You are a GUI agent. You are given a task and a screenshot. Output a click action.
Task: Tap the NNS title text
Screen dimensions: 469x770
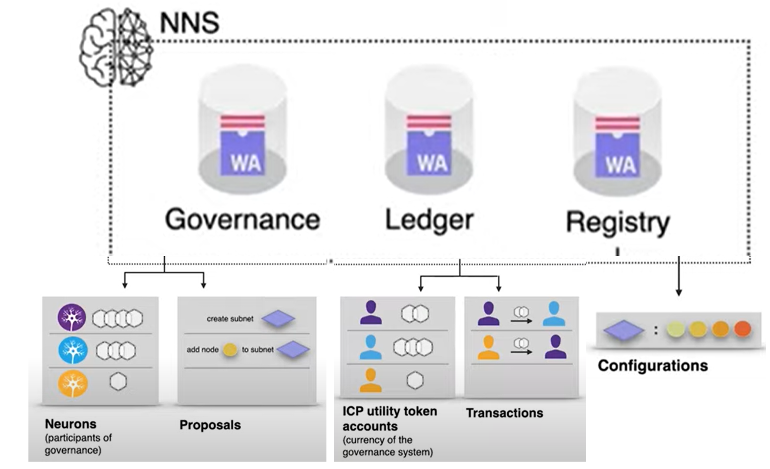pos(189,23)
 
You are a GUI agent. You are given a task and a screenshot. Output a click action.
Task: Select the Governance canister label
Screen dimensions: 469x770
pos(242,219)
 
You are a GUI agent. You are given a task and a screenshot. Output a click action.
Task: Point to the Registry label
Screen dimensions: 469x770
pos(618,222)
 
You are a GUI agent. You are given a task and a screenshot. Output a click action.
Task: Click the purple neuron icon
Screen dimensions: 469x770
pos(72,318)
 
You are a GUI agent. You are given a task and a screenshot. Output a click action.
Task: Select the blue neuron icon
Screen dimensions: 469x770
pos(73,350)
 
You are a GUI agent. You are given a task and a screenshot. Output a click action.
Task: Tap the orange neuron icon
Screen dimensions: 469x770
pos(73,383)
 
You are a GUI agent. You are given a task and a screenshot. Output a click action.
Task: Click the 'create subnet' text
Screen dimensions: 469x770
pos(230,319)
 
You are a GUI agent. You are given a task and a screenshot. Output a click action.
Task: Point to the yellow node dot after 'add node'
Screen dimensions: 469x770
pos(230,350)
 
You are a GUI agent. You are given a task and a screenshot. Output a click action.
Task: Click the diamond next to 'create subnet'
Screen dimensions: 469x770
pos(278,319)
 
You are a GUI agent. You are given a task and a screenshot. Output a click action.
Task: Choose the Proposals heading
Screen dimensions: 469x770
pos(210,425)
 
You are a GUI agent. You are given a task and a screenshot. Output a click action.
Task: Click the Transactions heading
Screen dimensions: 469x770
pos(504,413)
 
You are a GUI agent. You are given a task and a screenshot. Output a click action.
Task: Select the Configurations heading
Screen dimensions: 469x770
pos(652,365)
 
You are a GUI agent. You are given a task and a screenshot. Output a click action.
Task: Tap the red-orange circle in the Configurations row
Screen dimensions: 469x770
pos(743,329)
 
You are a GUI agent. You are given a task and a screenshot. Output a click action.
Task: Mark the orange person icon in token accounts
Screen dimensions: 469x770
pos(371,380)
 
